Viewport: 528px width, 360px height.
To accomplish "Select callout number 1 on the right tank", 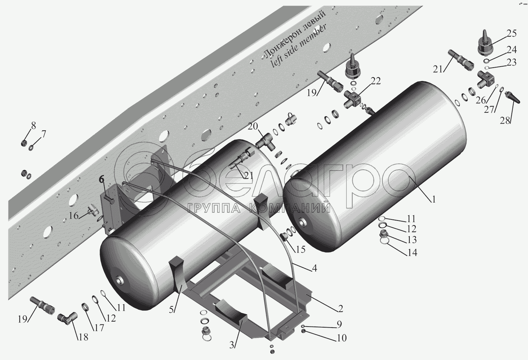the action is pos(433,200).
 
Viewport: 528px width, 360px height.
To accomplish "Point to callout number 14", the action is pos(412,253).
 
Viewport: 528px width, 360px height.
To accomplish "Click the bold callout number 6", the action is pos(101,180).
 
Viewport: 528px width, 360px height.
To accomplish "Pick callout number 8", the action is pos(33,126).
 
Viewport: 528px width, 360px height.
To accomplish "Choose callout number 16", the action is pos(74,216).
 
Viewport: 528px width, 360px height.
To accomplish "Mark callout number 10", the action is pos(341,338).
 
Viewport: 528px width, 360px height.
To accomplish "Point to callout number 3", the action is pos(232,345).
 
